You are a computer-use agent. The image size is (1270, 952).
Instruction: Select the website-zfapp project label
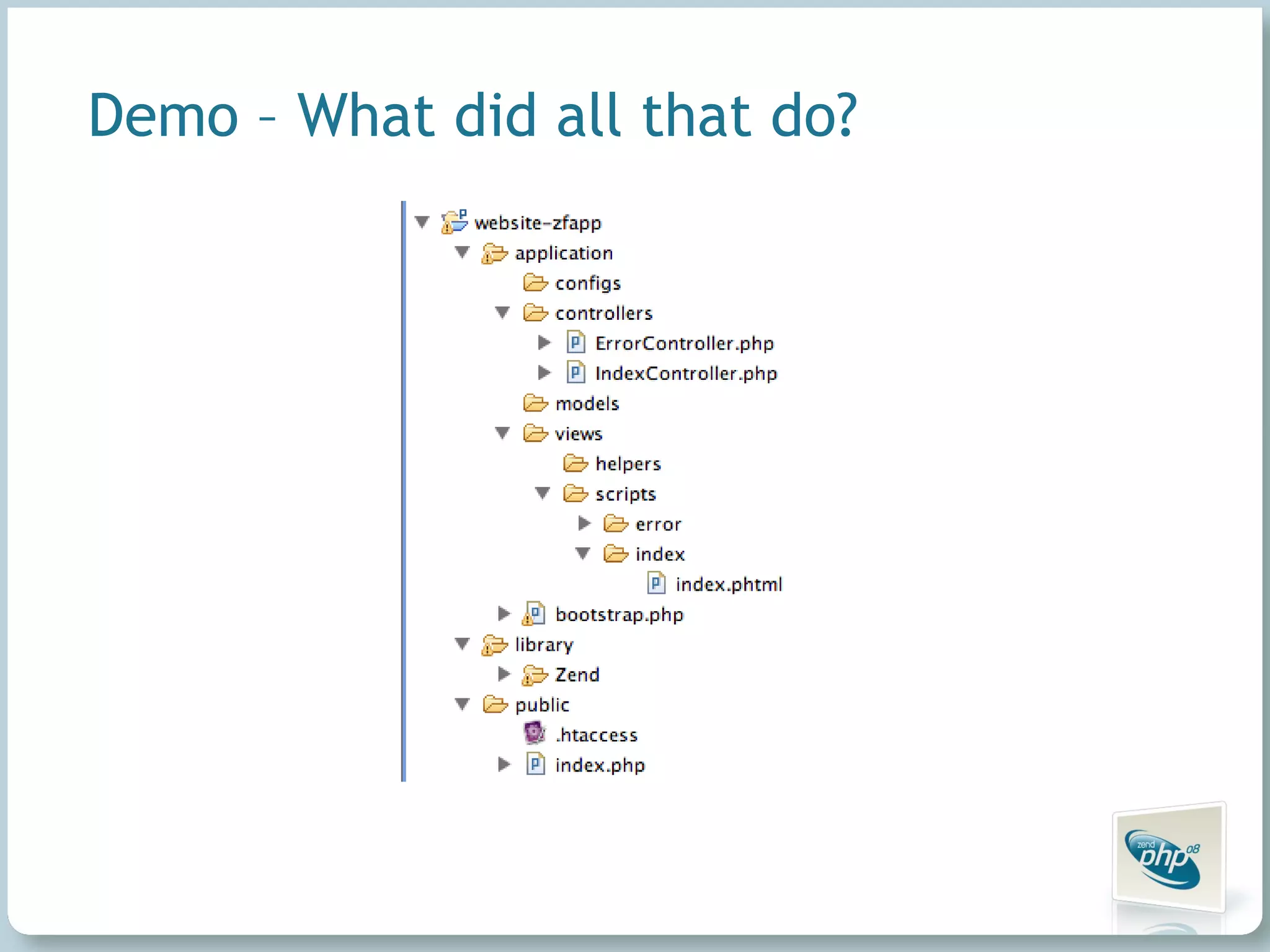coord(538,223)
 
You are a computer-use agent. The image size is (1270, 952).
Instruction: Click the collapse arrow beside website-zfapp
coord(422,222)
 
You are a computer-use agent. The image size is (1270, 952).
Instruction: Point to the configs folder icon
coord(535,283)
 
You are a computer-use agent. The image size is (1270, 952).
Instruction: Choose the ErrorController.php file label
coord(684,343)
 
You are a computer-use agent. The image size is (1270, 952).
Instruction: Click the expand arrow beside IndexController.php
coord(544,373)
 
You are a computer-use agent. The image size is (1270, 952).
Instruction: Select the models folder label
coord(587,404)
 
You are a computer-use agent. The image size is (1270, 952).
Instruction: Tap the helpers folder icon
coord(575,464)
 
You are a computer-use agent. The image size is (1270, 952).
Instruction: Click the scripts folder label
coord(625,494)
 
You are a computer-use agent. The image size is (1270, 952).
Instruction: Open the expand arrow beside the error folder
coord(584,524)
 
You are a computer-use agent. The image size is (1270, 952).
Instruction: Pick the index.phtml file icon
coord(656,584)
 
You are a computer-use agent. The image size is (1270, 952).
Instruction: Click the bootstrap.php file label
coord(619,615)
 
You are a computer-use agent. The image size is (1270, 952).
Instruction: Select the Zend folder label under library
coord(577,675)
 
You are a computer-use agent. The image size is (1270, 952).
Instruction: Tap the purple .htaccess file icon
coord(535,734)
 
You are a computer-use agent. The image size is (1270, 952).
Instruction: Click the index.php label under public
coord(600,765)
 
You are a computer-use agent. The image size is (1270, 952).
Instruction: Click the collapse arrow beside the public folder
coord(463,704)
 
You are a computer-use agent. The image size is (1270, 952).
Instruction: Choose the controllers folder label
coord(603,314)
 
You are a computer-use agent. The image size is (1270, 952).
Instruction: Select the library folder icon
coord(494,645)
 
